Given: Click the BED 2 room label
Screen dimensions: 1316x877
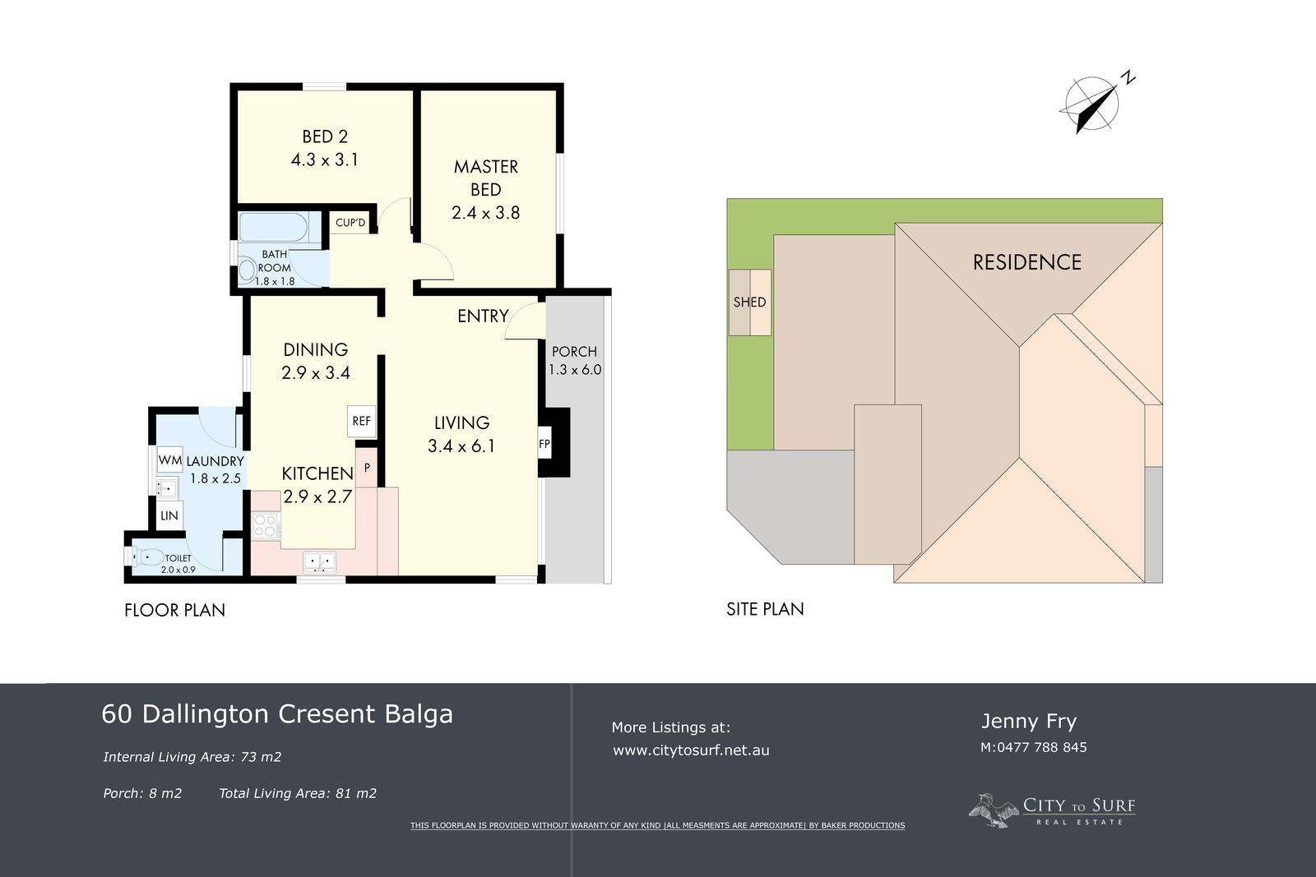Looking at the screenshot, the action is click(325, 136).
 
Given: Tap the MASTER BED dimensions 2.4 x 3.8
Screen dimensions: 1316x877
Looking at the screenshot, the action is click(485, 213).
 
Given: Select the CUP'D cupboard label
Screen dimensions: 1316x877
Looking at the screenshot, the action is click(350, 223).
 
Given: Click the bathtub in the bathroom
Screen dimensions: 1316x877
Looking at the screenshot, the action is click(273, 228).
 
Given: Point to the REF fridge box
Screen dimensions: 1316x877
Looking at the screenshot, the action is click(361, 421).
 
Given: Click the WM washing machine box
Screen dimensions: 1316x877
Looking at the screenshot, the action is click(169, 459).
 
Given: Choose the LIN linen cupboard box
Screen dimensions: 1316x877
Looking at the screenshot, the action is click(169, 515).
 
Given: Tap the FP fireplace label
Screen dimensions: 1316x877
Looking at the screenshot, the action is click(544, 445).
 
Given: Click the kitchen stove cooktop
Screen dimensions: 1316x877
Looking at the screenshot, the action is click(266, 526).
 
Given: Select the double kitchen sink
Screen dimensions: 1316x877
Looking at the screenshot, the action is click(320, 562).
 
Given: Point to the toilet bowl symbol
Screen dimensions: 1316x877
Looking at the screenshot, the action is click(147, 556).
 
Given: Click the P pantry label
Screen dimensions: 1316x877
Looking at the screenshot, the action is click(367, 468).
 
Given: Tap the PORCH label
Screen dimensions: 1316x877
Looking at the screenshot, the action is click(574, 352).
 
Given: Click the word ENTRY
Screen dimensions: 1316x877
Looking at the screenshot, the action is click(483, 316).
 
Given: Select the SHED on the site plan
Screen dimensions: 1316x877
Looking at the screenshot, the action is click(749, 302).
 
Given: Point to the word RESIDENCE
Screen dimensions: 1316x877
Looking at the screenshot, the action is click(1027, 262).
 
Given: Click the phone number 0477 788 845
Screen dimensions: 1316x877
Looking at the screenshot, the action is click(1041, 747).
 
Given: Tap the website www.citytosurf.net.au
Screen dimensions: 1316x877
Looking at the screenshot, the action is click(691, 750).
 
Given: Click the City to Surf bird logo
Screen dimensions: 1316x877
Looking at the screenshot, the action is click(994, 810).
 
